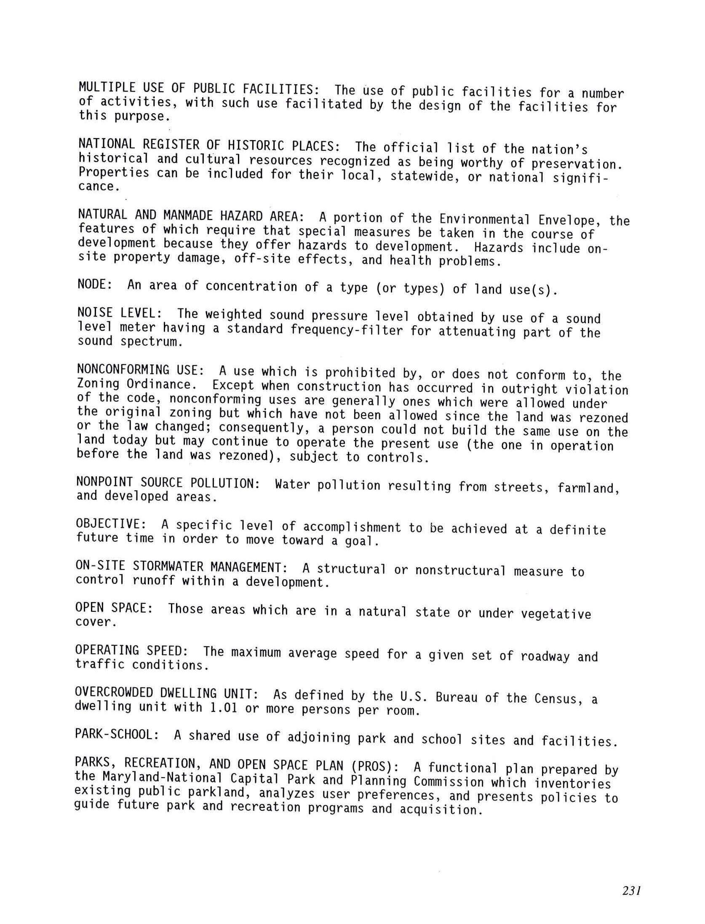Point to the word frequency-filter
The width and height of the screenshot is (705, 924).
pyautogui.click(x=347, y=330)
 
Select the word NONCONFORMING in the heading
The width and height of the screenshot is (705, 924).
pyautogui.click(x=122, y=370)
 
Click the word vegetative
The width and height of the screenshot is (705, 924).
pyautogui.click(x=556, y=614)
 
